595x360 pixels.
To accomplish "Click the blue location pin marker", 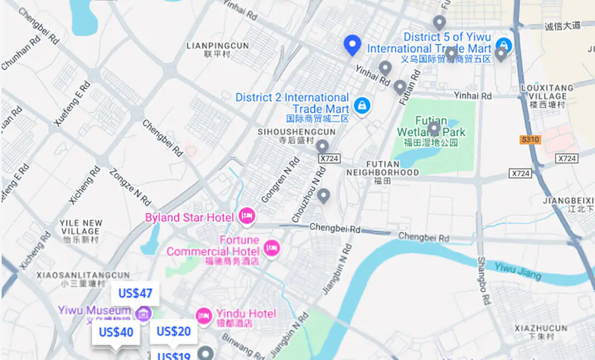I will pyautogui.click(x=352, y=45).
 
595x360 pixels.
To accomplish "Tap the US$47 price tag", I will pyautogui.click(x=135, y=294).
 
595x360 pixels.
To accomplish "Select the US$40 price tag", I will pyautogui.click(x=116, y=333).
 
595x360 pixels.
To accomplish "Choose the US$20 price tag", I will pyautogui.click(x=173, y=331).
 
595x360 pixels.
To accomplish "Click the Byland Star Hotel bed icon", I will pyautogui.click(x=246, y=217).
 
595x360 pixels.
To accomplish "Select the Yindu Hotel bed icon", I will pyautogui.click(x=204, y=316).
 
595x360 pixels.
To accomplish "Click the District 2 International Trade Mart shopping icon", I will pyautogui.click(x=361, y=105).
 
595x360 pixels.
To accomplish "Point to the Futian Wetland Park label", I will pyautogui.click(x=431, y=127).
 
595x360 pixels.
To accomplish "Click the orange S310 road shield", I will pyautogui.click(x=530, y=139).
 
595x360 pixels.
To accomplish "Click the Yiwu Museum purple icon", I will pyautogui.click(x=143, y=314).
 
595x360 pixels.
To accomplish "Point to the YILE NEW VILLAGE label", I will pyautogui.click(x=81, y=227).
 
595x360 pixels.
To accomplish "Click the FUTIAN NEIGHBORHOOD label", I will pyautogui.click(x=383, y=168).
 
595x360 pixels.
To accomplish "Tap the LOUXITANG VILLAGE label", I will pyautogui.click(x=547, y=92).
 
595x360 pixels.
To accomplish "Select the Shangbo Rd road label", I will pyautogui.click(x=483, y=280).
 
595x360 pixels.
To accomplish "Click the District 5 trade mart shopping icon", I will pyautogui.click(x=502, y=44).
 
